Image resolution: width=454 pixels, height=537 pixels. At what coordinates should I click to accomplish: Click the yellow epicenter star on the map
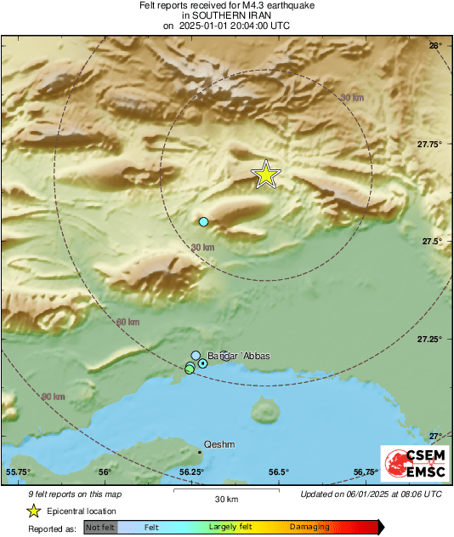pos(266,174)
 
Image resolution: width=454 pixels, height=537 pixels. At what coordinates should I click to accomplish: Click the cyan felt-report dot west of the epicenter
pos(203,222)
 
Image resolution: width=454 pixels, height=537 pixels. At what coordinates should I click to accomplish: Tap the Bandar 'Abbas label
pos(239,356)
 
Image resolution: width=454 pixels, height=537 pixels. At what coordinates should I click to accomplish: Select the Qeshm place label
pos(219,444)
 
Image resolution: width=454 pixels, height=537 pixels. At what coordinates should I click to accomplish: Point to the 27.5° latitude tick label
pos(434,241)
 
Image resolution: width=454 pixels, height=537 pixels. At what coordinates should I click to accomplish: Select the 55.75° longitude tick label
pos(19,472)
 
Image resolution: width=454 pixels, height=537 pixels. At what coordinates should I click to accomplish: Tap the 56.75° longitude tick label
pos(366,472)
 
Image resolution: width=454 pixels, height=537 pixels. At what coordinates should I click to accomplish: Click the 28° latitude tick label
pos(434,45)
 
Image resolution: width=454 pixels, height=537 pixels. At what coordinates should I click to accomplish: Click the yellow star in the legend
pos(34,511)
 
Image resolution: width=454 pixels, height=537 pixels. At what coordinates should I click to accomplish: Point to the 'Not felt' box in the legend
pos(99,528)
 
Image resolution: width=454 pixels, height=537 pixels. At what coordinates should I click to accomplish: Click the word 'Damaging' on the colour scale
pos(309,528)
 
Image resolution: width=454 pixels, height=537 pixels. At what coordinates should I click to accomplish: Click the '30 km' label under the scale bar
pos(226,499)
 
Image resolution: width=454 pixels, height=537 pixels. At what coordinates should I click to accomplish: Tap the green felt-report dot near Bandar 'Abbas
pos(190,368)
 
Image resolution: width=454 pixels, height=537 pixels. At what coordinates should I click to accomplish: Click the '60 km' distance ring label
pos(128,323)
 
